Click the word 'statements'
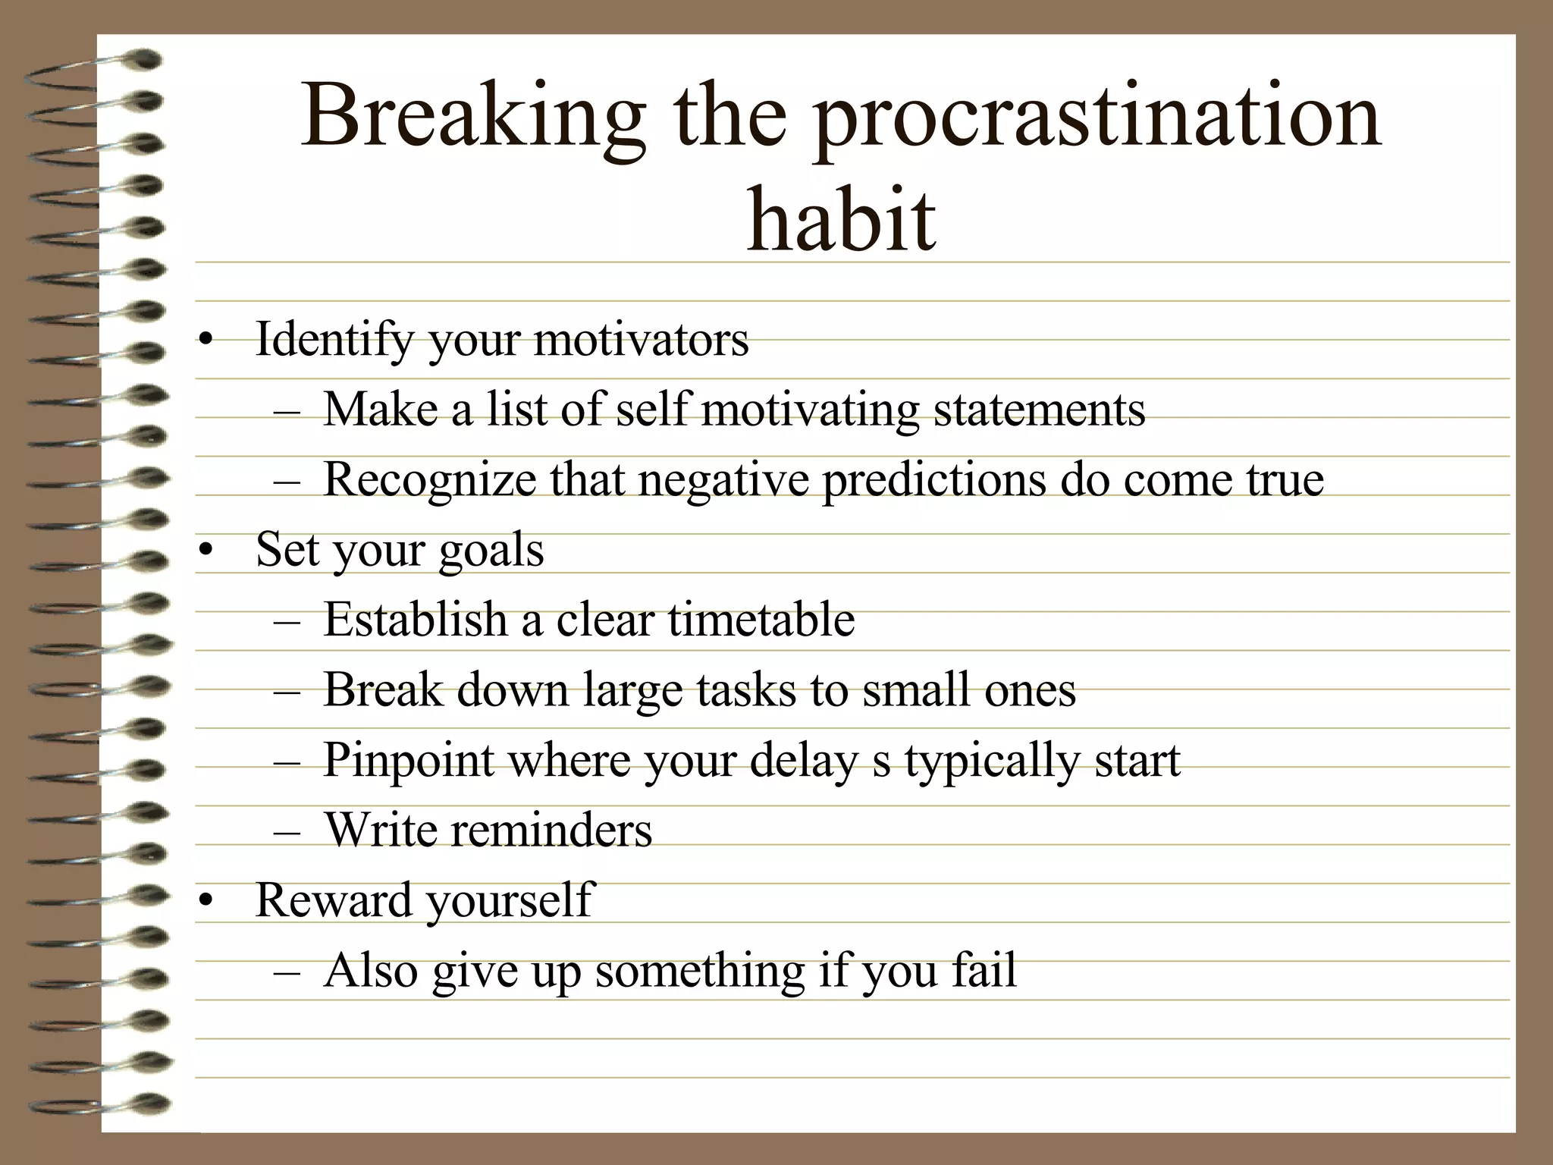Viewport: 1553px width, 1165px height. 1039,410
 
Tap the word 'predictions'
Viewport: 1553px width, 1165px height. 934,481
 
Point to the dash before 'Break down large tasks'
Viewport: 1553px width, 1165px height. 287,692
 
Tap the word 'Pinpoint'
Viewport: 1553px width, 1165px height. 409,760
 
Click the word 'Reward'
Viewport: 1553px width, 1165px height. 334,900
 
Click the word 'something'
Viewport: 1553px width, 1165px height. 700,972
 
